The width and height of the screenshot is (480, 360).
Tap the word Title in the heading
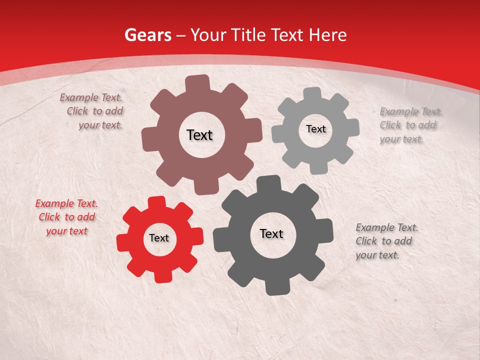click(248, 35)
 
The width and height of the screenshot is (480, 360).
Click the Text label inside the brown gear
click(199, 135)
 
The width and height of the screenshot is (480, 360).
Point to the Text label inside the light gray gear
click(315, 129)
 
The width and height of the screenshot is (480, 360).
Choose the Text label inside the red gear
click(159, 238)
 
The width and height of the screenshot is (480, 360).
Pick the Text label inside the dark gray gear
click(271, 233)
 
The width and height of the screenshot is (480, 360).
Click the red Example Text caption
click(66, 217)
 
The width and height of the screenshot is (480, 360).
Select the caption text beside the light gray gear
click(408, 125)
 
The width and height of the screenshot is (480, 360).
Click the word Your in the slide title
click(209, 35)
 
